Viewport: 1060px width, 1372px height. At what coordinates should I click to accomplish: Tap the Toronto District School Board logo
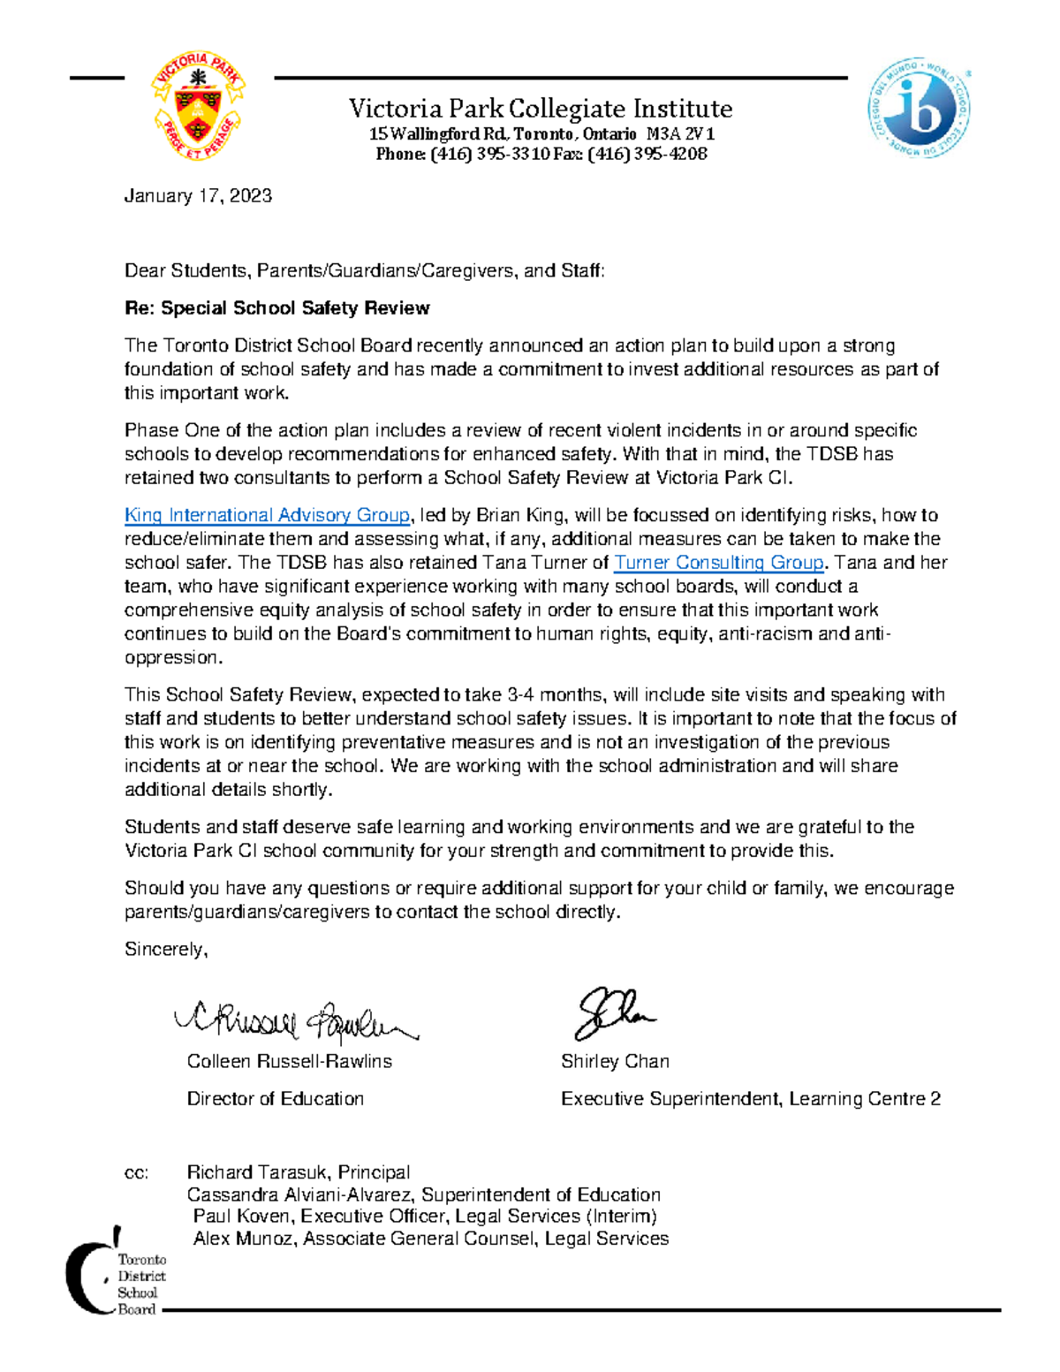(x=115, y=1272)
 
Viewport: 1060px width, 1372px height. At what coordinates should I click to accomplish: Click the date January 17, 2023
(x=198, y=196)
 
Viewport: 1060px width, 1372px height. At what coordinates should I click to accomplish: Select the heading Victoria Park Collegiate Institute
(x=541, y=109)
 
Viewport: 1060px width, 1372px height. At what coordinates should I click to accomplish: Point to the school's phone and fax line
(x=541, y=155)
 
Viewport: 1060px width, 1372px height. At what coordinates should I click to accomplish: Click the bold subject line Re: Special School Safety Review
(x=276, y=308)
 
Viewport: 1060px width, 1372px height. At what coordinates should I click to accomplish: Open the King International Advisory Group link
(x=267, y=515)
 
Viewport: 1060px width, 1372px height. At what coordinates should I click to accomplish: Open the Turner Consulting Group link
(x=718, y=563)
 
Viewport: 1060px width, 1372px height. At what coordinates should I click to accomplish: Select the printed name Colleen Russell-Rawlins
(x=289, y=1062)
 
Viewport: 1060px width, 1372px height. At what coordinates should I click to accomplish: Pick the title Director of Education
(x=275, y=1099)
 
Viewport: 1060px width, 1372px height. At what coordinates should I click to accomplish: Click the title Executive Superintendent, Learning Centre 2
(x=750, y=1099)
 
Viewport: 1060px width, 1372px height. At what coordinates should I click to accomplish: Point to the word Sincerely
(x=166, y=950)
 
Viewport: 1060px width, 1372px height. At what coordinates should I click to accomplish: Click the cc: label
(x=136, y=1173)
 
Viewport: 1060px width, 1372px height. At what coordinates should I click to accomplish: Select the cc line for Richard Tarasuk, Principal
(x=298, y=1173)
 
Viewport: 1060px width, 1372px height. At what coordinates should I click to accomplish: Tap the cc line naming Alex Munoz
(x=430, y=1239)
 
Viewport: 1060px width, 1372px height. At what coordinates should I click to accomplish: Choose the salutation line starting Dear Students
(x=364, y=271)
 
